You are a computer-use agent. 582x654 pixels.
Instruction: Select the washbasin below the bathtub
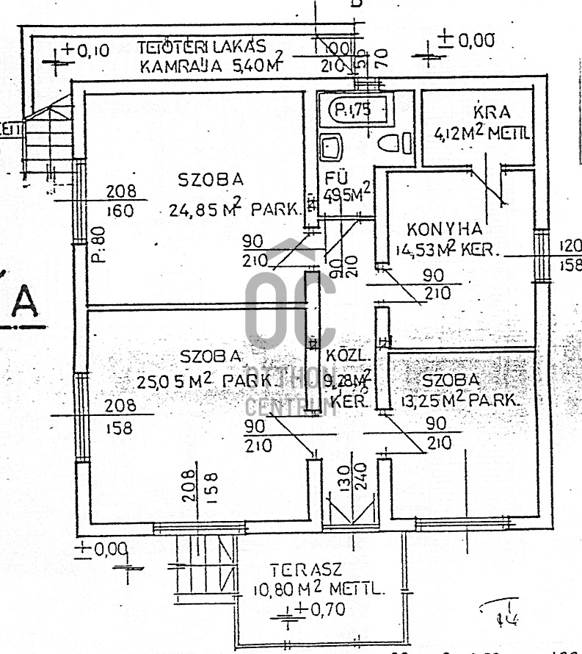[332, 147]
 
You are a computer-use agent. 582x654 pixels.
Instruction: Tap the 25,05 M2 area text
[171, 381]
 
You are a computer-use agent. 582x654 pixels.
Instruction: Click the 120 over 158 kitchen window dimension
[569, 255]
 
